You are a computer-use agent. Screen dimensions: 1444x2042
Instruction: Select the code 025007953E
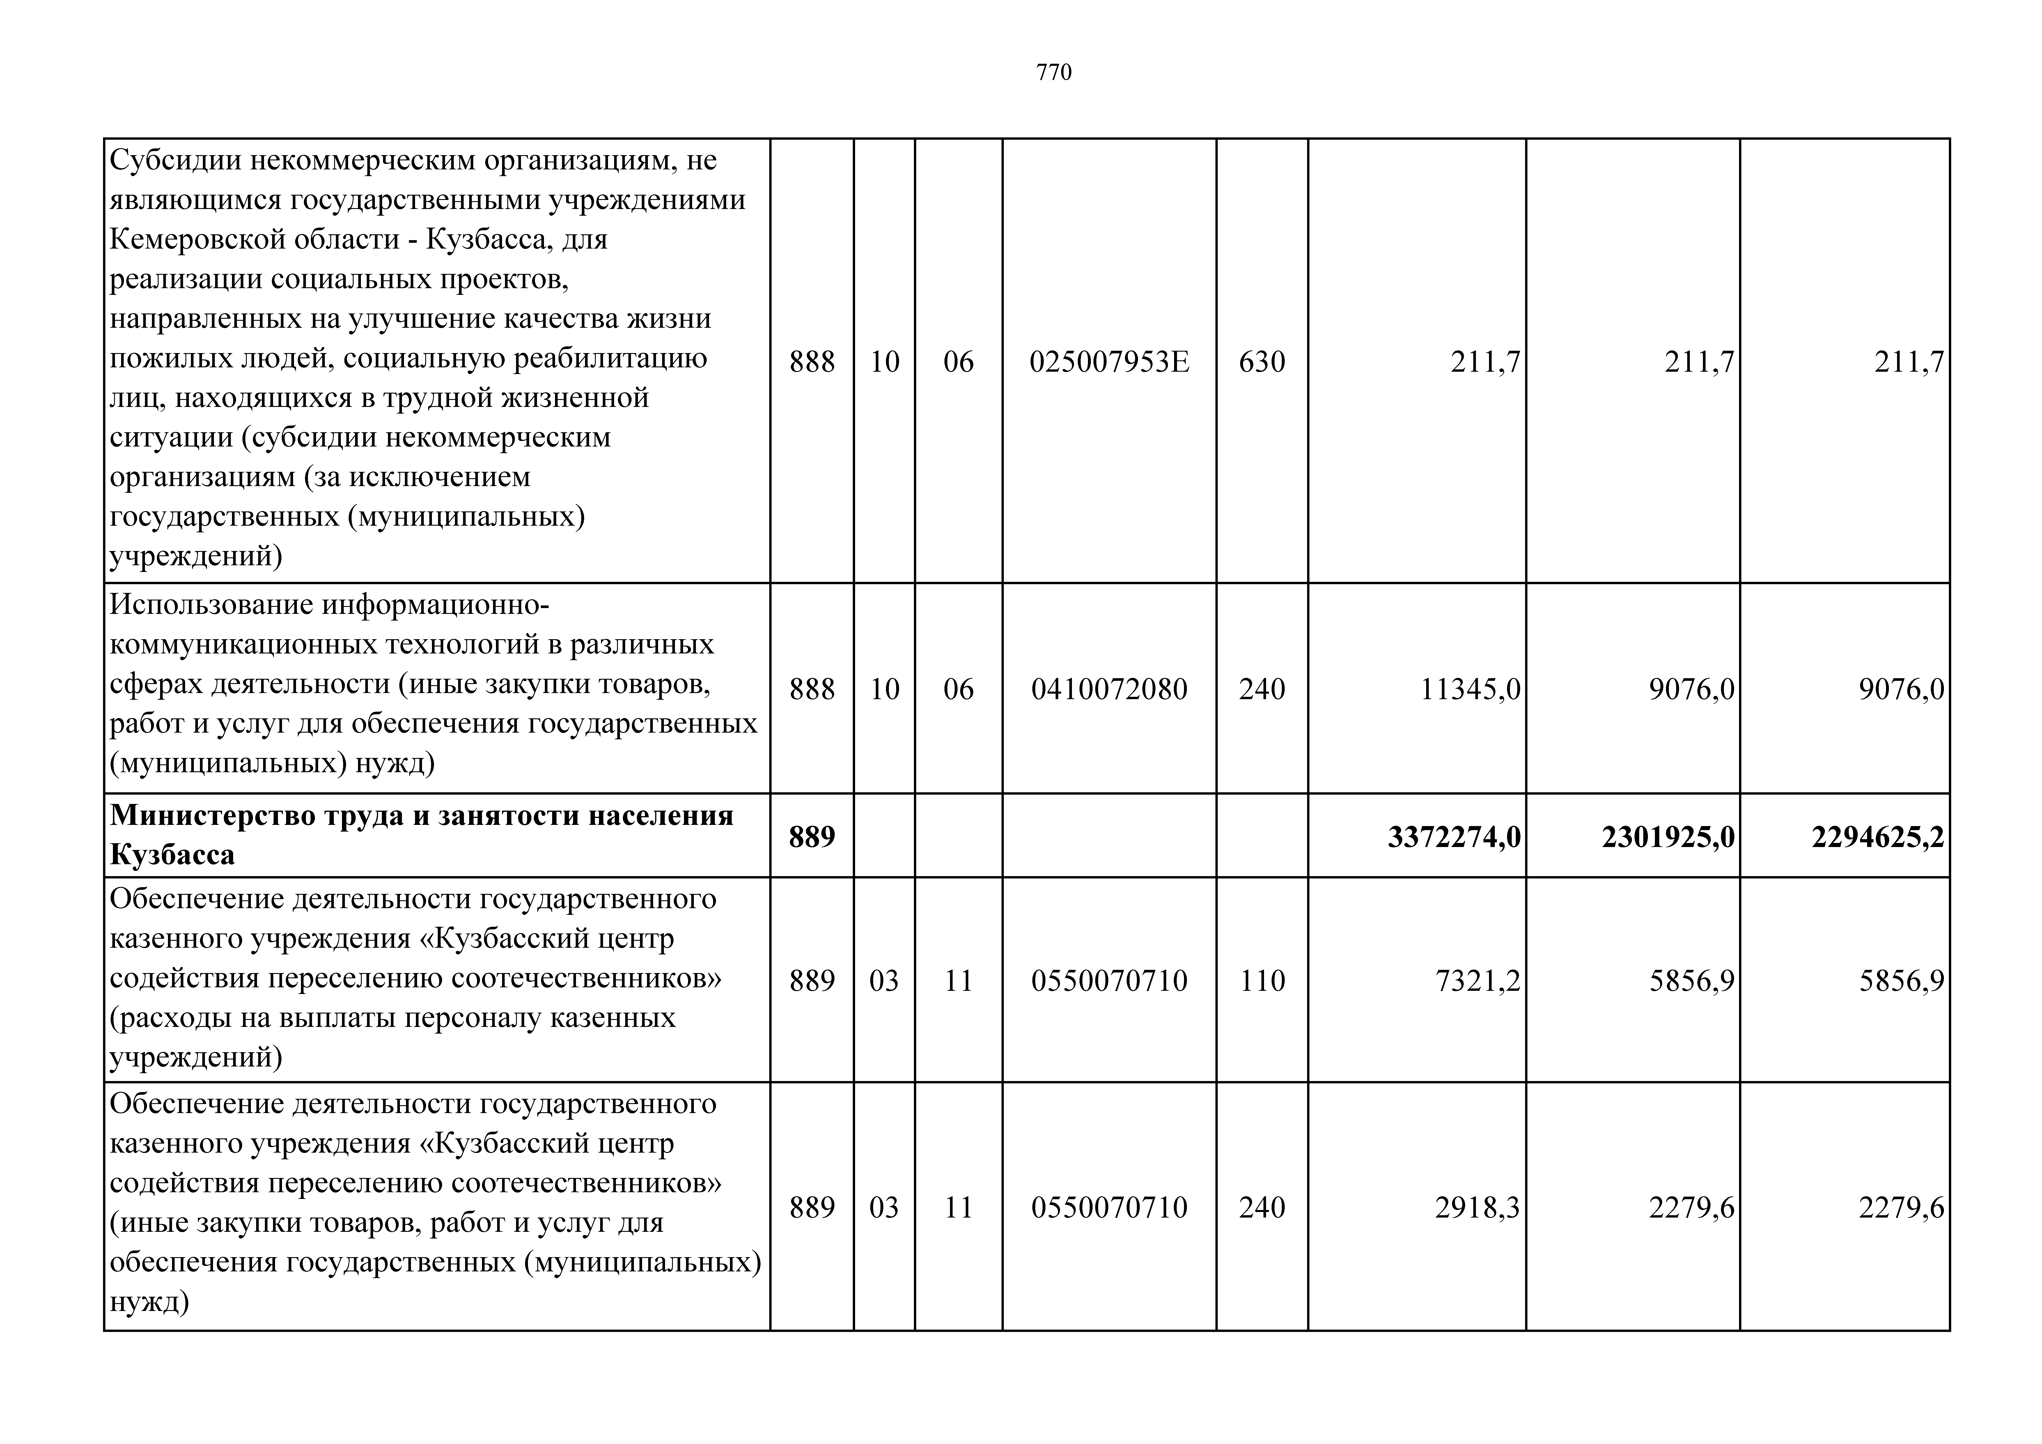click(x=1109, y=362)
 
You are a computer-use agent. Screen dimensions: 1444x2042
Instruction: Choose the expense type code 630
click(x=1262, y=362)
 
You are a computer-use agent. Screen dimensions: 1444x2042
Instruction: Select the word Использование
click(x=212, y=605)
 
